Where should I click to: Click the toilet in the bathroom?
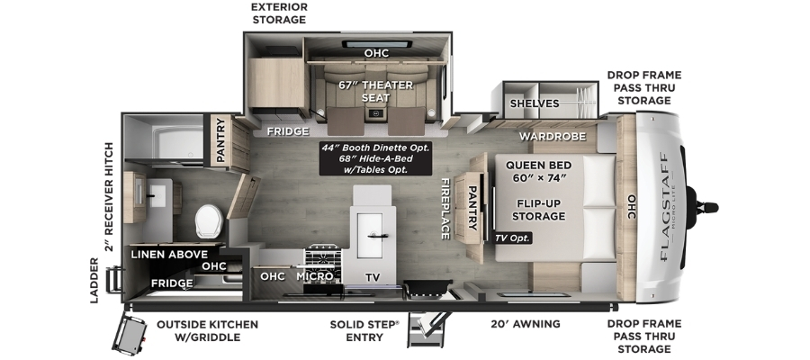tap(209, 221)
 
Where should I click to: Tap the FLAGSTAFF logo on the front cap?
tap(664, 208)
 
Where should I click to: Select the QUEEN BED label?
tap(538, 166)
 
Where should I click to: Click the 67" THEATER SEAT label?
tap(375, 91)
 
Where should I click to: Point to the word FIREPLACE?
tap(445, 209)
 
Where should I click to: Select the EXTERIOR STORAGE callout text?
tap(279, 13)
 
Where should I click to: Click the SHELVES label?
tap(535, 103)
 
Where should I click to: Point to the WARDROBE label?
tap(553, 137)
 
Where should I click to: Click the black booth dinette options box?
tap(375, 158)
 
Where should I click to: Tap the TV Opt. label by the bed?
tap(512, 238)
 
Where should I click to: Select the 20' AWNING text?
tap(526, 324)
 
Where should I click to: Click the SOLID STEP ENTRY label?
tap(364, 330)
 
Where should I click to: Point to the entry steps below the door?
tap(427, 329)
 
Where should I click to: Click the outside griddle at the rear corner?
tap(130, 335)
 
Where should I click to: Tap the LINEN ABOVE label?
tap(169, 254)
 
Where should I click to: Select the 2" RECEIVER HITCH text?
tap(109, 197)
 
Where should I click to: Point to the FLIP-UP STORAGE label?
tap(538, 209)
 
